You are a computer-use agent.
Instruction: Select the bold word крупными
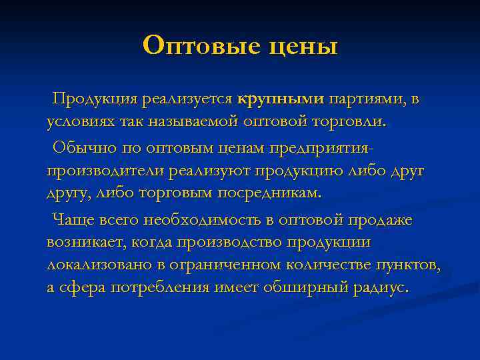[x=280, y=100]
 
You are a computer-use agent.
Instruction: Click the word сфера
[x=84, y=288]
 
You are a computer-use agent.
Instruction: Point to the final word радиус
[x=381, y=288]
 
